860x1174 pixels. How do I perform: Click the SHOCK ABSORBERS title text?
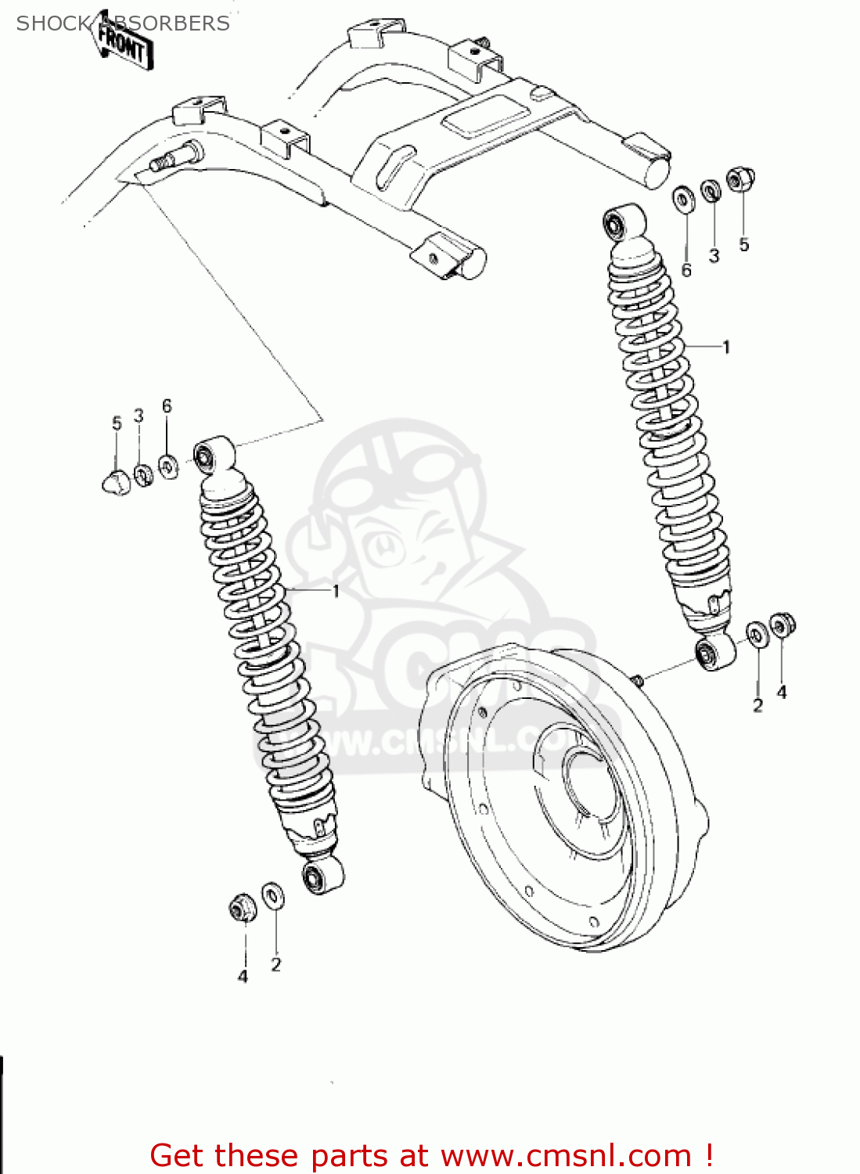123,23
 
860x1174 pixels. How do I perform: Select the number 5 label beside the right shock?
743,245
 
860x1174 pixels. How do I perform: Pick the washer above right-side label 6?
683,199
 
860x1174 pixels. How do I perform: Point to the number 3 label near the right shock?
714,256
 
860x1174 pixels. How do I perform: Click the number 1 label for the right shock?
726,347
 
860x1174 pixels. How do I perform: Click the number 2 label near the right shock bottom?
757,705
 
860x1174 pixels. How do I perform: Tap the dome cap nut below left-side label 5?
114,481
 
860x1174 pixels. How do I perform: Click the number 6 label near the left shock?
167,405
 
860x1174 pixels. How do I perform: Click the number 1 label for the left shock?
336,591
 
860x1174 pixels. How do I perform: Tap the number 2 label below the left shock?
275,965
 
